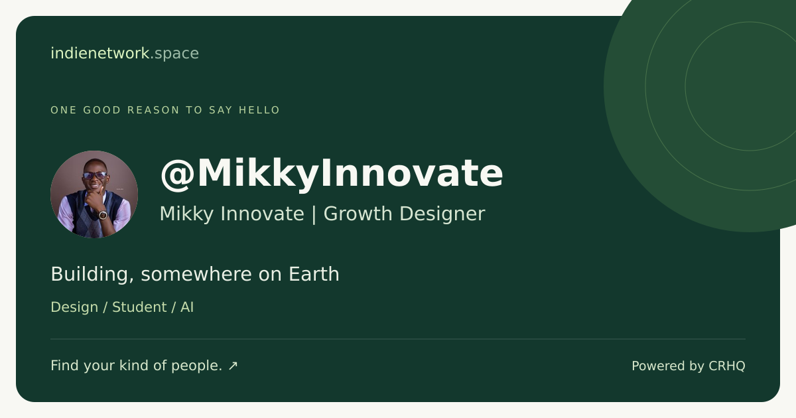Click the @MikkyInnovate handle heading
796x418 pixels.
[332, 174]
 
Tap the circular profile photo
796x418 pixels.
[94, 194]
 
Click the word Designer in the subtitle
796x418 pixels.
[442, 214]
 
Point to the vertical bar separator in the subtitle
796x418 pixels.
[314, 215]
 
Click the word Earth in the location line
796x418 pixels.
[314, 274]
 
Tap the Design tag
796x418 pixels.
[74, 307]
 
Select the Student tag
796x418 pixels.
[139, 307]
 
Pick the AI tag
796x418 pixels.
[187, 307]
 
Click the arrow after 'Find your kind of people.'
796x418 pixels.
[233, 366]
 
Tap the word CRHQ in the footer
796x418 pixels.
[727, 366]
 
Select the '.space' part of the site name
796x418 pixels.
[175, 54]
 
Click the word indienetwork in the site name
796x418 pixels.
[100, 53]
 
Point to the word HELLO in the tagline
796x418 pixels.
[259, 110]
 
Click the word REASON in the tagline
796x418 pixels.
[153, 110]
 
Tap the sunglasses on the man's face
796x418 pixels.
[95, 175]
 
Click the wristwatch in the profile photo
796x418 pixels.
[103, 215]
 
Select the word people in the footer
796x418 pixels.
[197, 366]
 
